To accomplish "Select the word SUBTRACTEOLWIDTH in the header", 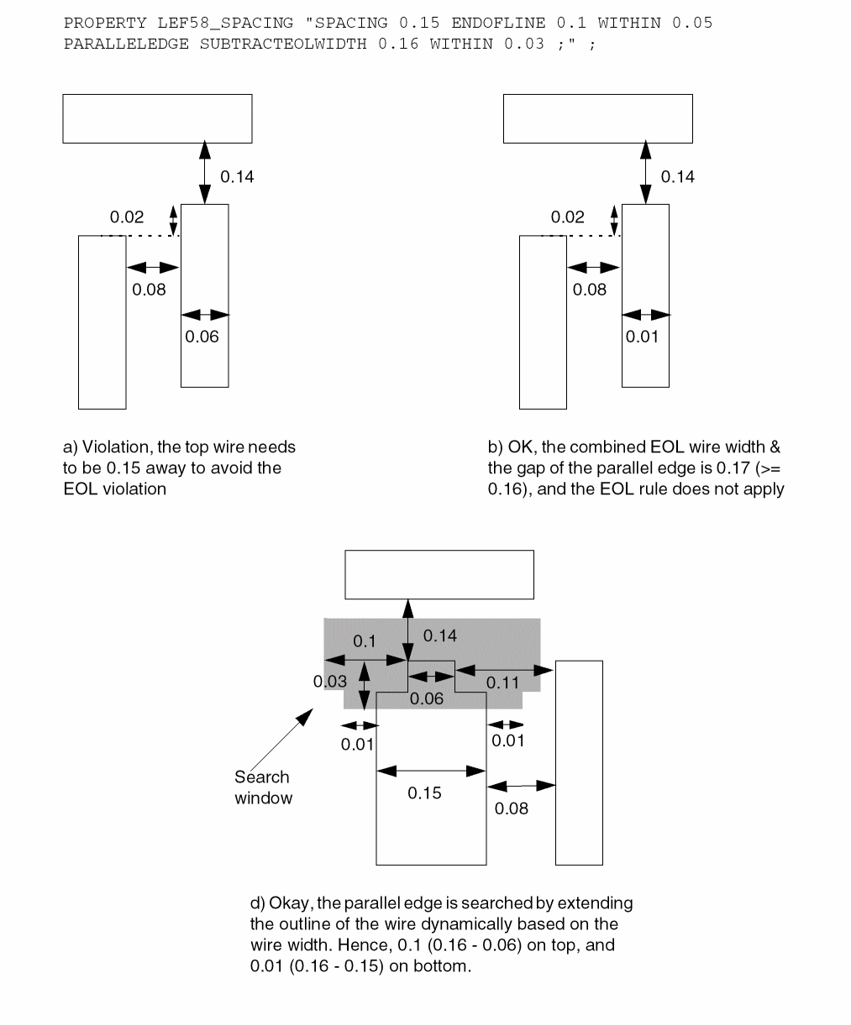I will pos(283,44).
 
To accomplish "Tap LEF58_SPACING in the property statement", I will pos(226,23).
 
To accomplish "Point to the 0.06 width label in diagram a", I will pos(202,337).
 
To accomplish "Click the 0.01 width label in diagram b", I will pos(643,337).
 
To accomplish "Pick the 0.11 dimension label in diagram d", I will pos(503,682).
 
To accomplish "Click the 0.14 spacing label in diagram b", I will pos(678,176).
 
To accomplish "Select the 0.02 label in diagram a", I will pos(127,217).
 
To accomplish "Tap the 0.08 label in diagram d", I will pos(512,808).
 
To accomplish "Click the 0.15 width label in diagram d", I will pos(424,793).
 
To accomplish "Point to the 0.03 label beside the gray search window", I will pos(330,681).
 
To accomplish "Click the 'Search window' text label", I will pos(263,787).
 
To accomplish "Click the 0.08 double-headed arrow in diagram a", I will pos(152,268).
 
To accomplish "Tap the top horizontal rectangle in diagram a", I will pos(157,118).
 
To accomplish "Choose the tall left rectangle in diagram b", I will pos(543,322).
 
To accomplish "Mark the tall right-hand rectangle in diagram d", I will pos(579,762).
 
